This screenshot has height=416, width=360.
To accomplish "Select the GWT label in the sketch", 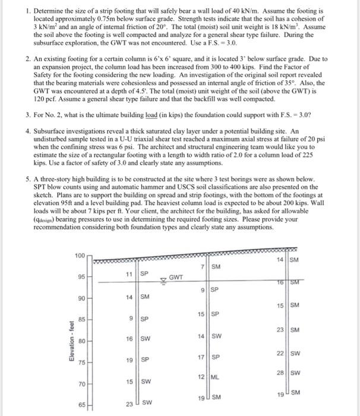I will click(x=176, y=276).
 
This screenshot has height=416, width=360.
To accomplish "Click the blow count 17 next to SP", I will click(x=201, y=358).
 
